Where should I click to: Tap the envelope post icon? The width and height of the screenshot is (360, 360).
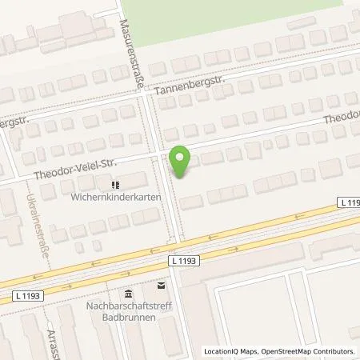click(162, 285)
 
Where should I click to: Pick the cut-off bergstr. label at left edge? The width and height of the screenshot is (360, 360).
click(17, 127)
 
